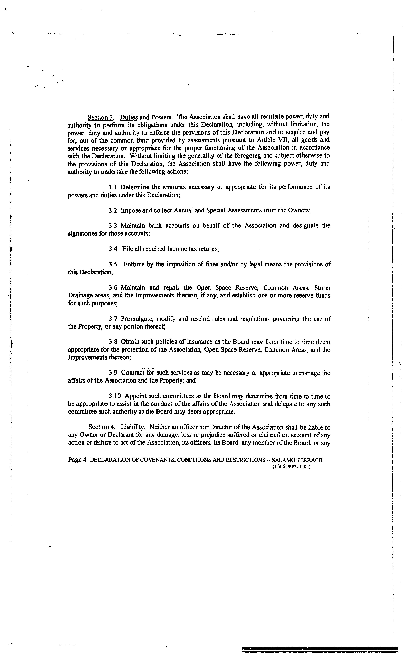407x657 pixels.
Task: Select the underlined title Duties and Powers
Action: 146,117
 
